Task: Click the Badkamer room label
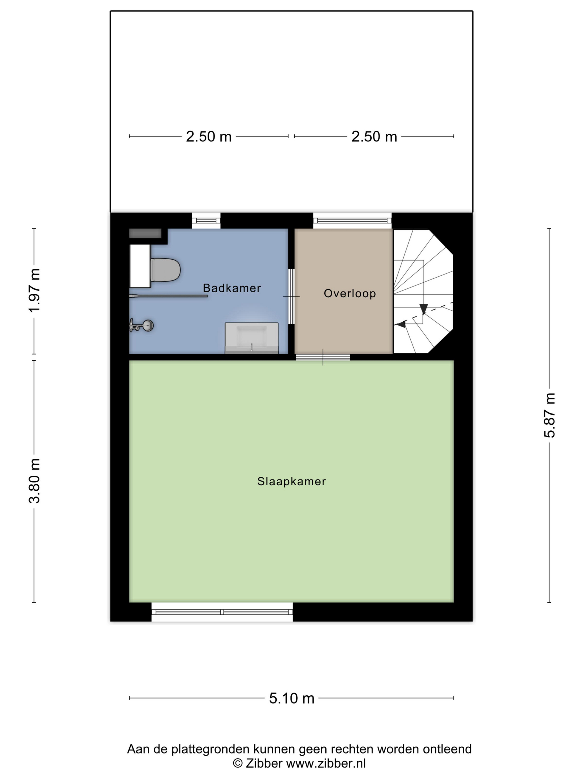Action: coord(232,288)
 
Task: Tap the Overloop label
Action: coord(350,293)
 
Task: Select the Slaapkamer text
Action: coord(291,481)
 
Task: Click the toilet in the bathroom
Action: coord(165,270)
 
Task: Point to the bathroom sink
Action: coord(252,338)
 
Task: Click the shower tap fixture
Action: coord(141,325)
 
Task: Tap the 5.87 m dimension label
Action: coord(549,415)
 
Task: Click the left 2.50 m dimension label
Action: coord(209,136)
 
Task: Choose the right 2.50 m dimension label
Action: coord(374,136)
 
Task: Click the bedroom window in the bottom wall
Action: coord(222,612)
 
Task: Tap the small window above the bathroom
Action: coord(206,221)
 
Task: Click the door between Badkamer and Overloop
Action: coord(291,296)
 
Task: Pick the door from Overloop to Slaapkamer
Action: coord(323,357)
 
